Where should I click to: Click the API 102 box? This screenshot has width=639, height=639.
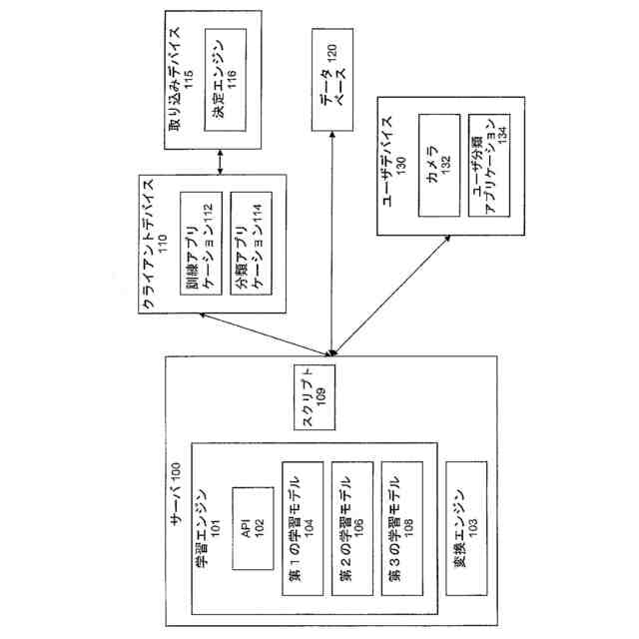(250, 527)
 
